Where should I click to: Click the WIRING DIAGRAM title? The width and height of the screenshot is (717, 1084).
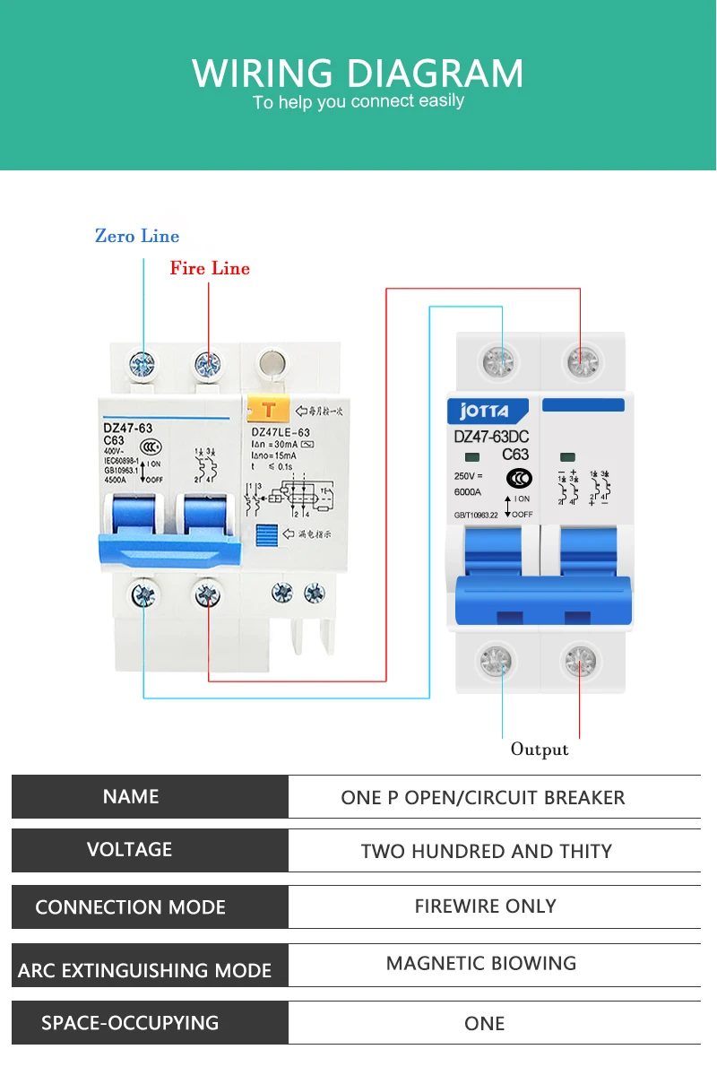pyautogui.click(x=358, y=73)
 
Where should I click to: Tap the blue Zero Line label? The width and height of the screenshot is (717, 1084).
pyautogui.click(x=137, y=237)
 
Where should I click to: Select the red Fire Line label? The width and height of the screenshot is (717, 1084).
pyautogui.click(x=210, y=268)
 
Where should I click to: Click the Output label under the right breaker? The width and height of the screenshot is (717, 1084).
pyautogui.click(x=540, y=749)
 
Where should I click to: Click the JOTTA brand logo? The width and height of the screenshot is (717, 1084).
pyautogui.click(x=484, y=412)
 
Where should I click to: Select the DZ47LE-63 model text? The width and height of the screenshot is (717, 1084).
pyautogui.click(x=282, y=433)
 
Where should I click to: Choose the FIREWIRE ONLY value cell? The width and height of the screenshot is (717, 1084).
pyautogui.click(x=485, y=906)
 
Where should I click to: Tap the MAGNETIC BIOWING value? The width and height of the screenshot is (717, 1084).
pyautogui.click(x=481, y=964)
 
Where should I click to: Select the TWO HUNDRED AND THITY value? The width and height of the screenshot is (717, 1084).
pyautogui.click(x=486, y=851)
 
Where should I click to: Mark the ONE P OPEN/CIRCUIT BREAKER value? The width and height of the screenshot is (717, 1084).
pyautogui.click(x=483, y=797)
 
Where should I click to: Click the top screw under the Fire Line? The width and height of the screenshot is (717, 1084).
pyautogui.click(x=208, y=364)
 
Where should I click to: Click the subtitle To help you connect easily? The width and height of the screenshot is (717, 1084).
pyautogui.click(x=358, y=101)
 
